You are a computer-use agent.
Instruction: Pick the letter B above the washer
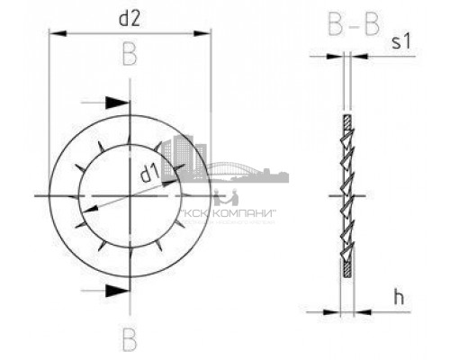click(x=130, y=57)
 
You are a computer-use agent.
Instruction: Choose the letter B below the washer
click(x=130, y=339)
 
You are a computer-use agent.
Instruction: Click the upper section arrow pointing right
click(x=114, y=103)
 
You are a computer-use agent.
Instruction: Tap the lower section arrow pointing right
click(x=114, y=289)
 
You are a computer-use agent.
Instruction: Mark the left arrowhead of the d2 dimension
click(x=57, y=35)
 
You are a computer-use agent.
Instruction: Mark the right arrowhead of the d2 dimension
click(x=204, y=35)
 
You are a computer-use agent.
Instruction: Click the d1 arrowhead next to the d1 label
click(x=171, y=182)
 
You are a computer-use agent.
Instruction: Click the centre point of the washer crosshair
click(x=130, y=195)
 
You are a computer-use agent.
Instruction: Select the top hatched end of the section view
click(x=344, y=122)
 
